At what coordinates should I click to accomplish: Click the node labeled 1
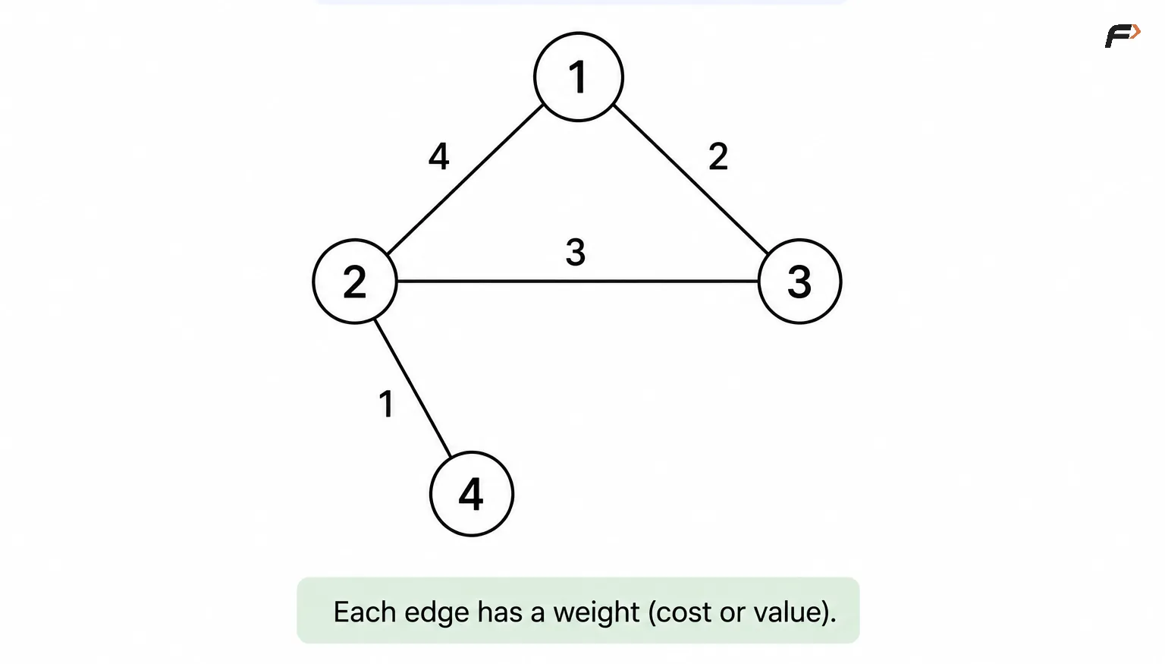click(579, 77)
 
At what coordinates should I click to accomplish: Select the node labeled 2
click(355, 282)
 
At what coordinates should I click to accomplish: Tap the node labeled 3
click(800, 282)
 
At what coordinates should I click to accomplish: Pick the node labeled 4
click(472, 494)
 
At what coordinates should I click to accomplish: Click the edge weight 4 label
click(439, 156)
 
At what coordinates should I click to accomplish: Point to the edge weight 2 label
click(718, 156)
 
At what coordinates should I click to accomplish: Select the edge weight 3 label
click(575, 253)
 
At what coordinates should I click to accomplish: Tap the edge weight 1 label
click(386, 404)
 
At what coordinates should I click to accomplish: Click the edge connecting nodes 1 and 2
click(466, 180)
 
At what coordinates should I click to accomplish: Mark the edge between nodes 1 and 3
click(691, 180)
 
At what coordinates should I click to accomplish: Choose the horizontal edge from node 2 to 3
click(578, 282)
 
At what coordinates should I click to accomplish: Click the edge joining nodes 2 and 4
click(413, 389)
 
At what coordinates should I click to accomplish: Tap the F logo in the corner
click(1123, 36)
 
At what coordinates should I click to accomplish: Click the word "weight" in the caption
click(596, 612)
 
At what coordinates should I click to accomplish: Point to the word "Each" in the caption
click(365, 612)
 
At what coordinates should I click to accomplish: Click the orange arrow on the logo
click(1136, 31)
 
